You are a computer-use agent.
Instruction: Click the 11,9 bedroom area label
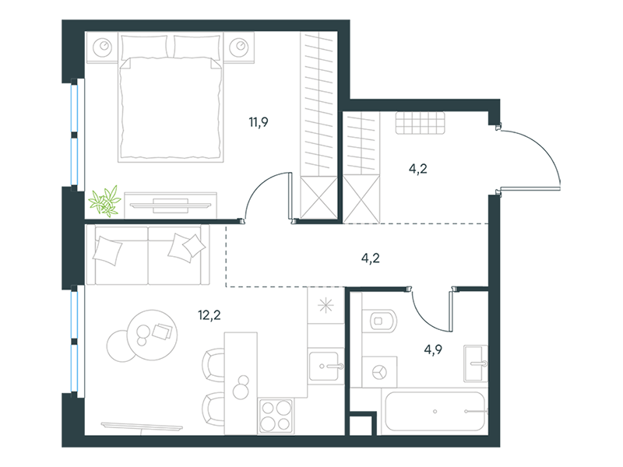(259, 122)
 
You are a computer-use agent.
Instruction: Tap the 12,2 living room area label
(209, 315)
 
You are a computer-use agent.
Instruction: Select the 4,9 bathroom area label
(433, 349)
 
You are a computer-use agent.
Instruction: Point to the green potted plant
(105, 201)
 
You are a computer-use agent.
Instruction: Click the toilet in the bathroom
(383, 321)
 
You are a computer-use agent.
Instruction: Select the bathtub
(435, 412)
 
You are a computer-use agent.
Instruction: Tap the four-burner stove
(276, 416)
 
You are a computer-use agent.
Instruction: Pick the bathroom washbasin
(476, 363)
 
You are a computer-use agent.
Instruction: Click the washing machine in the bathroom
(379, 372)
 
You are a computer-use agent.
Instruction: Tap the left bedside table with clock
(103, 47)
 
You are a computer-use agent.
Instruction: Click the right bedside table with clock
(239, 47)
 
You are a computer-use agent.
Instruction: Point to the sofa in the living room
(148, 255)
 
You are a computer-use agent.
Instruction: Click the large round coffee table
(152, 335)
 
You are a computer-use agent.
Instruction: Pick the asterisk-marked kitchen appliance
(326, 305)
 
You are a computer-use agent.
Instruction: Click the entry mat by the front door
(420, 123)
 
